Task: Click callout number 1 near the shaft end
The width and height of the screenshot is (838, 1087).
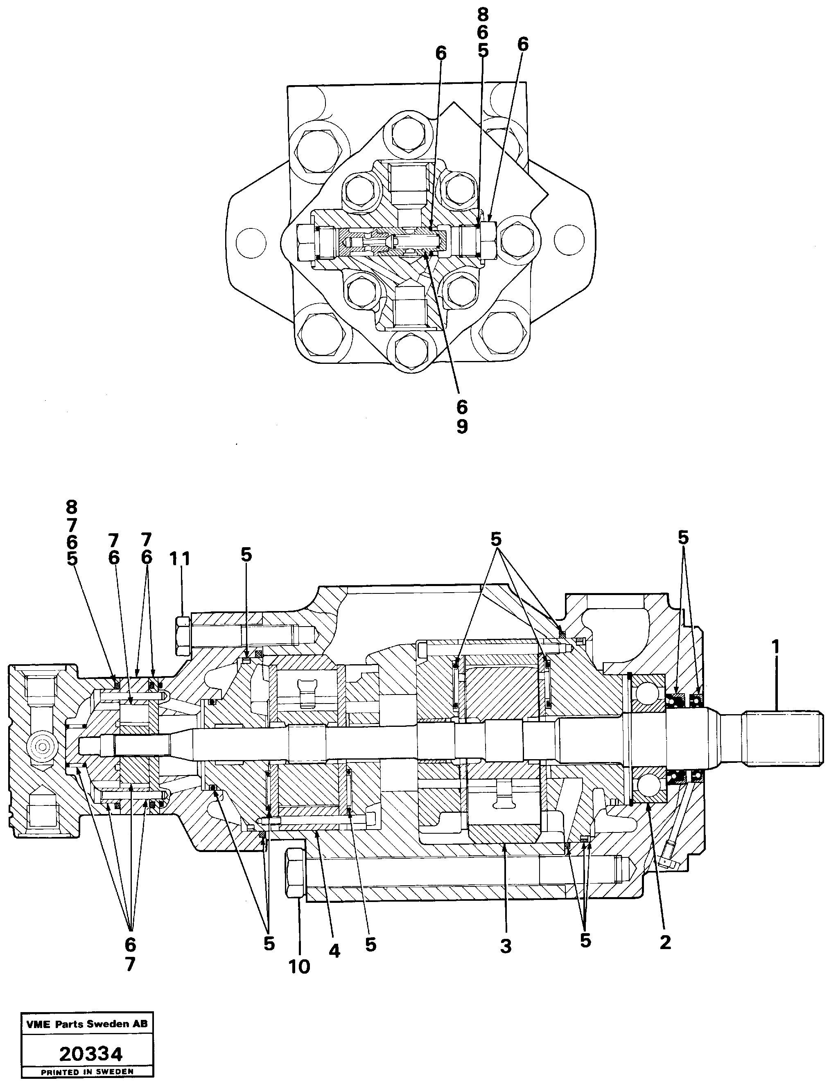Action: click(776, 647)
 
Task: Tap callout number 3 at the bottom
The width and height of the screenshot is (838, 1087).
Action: click(506, 946)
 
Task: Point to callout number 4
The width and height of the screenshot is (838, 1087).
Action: click(334, 951)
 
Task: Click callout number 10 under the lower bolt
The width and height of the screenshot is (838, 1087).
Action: click(299, 967)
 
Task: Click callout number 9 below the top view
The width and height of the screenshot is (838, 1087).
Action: click(462, 426)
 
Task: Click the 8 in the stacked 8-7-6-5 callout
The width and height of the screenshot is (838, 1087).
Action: click(72, 507)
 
